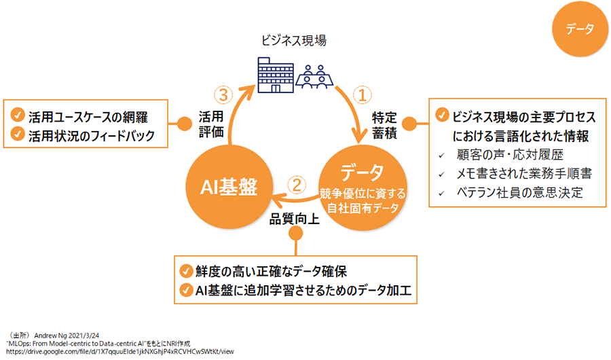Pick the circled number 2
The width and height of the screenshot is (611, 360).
click(296, 183)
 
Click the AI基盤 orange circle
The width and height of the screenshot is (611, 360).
click(228, 185)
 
